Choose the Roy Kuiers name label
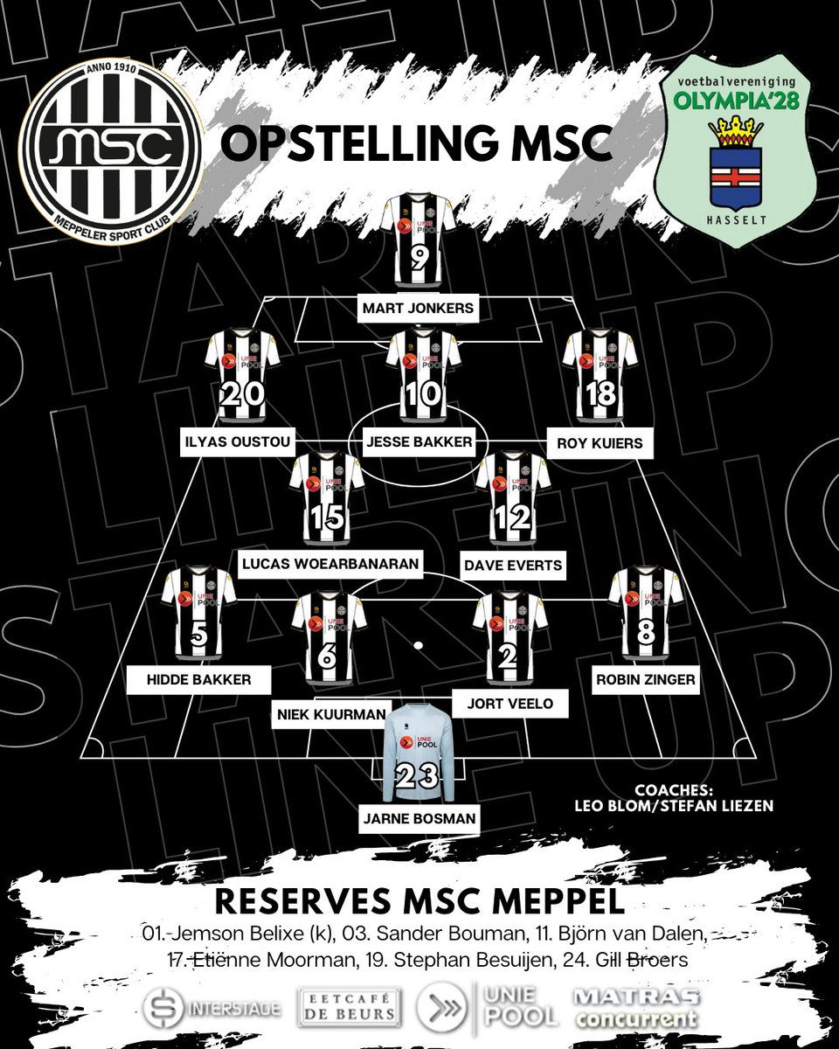click(599, 442)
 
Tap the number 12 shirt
click(512, 497)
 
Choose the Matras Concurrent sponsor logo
click(634, 1008)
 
